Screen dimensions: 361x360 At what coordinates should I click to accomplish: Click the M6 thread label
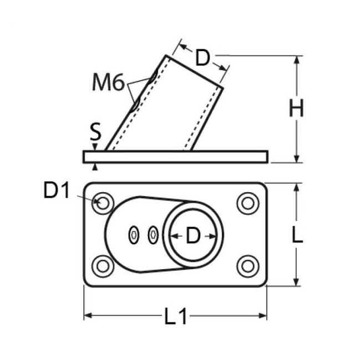coord(108,82)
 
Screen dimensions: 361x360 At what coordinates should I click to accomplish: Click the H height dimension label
coord(297,108)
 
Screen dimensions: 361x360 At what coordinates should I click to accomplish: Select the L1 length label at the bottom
coord(176,316)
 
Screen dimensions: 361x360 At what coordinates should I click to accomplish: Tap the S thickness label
coord(95,131)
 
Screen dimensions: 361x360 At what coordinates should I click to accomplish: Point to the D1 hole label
coord(56,190)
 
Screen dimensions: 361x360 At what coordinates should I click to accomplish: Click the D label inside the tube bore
coord(193,235)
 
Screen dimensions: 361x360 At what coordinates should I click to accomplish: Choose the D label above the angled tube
coord(202,58)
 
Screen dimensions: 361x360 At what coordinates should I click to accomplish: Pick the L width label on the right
coord(297,234)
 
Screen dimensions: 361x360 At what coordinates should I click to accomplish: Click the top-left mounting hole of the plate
coord(103,203)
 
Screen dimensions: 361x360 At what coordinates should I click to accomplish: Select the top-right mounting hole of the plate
coord(248,203)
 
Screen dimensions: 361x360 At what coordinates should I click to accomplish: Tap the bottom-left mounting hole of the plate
coord(103,266)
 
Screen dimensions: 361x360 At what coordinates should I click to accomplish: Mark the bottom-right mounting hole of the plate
coord(248,266)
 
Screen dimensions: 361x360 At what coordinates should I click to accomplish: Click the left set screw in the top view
coord(134,235)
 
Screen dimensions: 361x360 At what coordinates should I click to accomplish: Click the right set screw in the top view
coord(153,235)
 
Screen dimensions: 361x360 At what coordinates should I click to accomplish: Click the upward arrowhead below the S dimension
coord(95,167)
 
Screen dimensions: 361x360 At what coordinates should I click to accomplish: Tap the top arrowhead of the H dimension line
coord(297,60)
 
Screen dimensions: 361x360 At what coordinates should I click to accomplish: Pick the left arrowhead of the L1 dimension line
coord(88,315)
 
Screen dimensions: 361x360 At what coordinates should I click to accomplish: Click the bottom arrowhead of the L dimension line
coord(297,282)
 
